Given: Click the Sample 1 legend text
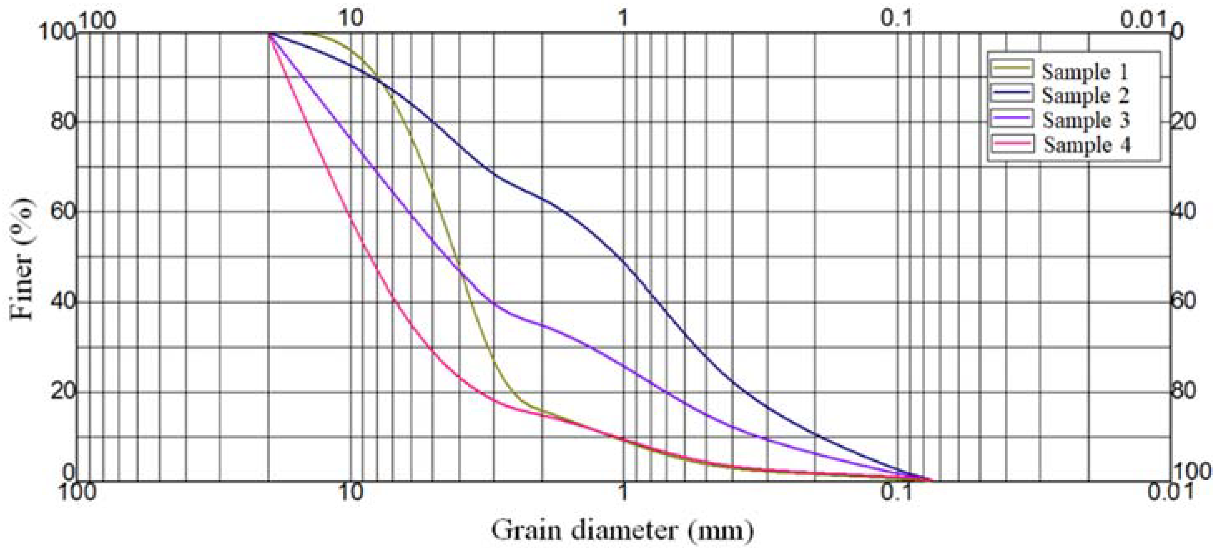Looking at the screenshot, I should click(1085, 72).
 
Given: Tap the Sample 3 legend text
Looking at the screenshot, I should click(1086, 120).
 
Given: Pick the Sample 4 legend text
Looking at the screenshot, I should click(1087, 144).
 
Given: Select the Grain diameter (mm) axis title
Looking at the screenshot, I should click(622, 530).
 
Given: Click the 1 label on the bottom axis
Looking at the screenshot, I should click(624, 493).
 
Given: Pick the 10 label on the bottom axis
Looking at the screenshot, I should click(351, 493).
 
